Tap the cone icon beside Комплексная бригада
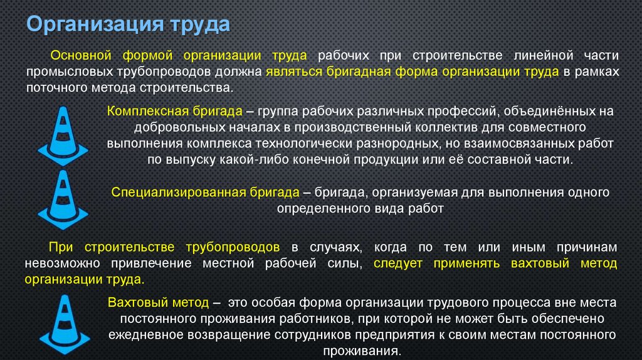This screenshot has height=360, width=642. [63, 135]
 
